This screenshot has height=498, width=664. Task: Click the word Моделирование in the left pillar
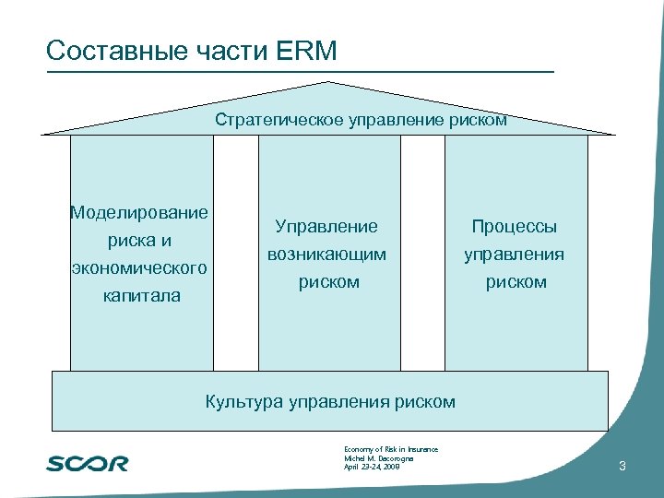[x=139, y=213]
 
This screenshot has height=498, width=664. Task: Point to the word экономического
[x=139, y=268]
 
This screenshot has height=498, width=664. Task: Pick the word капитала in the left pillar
[x=142, y=296]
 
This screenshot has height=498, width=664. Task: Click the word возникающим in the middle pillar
[x=327, y=254]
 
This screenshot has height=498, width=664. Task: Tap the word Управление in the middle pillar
[x=327, y=226]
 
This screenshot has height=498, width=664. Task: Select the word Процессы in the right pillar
[x=515, y=226]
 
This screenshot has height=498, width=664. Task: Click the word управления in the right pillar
[x=516, y=254]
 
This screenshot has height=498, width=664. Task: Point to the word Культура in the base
[x=243, y=401]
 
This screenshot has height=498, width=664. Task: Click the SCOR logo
[x=88, y=463]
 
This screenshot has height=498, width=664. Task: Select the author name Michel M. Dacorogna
[x=377, y=458]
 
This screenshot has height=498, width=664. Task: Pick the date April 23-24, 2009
[x=372, y=468]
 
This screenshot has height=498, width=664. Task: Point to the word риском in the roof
[x=480, y=120]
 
